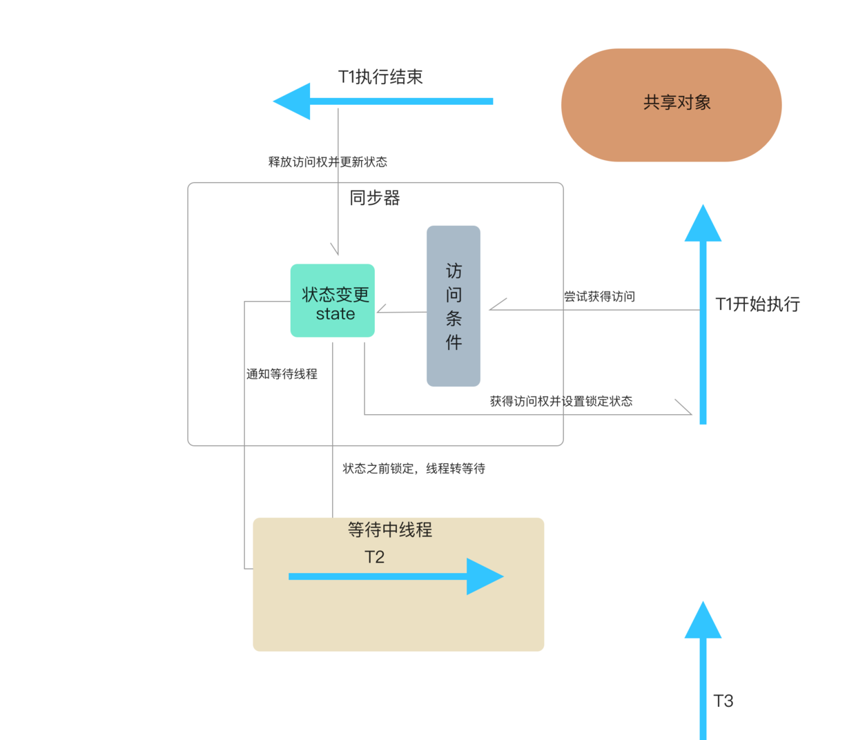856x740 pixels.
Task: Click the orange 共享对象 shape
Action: tap(671, 105)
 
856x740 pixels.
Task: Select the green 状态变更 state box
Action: tap(333, 300)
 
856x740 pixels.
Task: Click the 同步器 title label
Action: tap(374, 198)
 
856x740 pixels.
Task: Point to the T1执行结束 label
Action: tap(380, 77)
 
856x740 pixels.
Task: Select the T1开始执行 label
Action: tap(757, 304)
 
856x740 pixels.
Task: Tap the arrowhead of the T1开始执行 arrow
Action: tap(703, 224)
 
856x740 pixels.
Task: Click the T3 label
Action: tap(723, 701)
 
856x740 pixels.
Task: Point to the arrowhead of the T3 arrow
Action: tap(703, 621)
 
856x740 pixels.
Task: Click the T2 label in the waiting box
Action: tap(374, 557)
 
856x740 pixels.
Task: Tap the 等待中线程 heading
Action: tap(390, 530)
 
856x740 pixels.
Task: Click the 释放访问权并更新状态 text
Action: tap(327, 162)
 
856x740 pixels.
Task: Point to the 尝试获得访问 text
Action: tap(599, 297)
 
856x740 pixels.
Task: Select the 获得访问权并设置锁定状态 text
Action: tap(561, 402)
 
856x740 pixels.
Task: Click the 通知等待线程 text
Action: tap(282, 374)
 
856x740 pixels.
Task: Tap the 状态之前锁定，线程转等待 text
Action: tap(414, 469)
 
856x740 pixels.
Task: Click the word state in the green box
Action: tap(335, 314)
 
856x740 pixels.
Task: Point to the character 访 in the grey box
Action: tap(454, 271)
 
